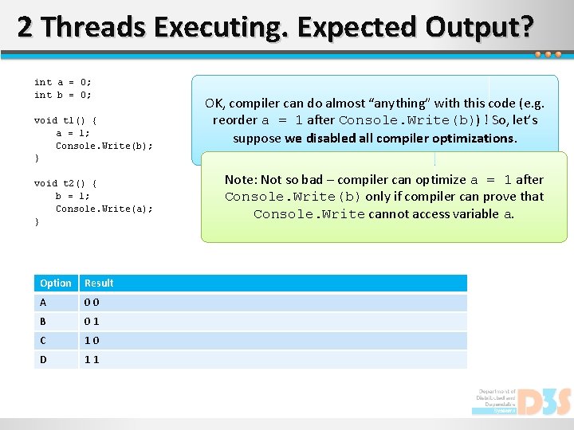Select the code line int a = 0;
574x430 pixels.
click(63, 82)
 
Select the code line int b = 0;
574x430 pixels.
click(63, 95)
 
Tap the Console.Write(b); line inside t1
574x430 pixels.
click(104, 146)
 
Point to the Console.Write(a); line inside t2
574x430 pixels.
click(104, 209)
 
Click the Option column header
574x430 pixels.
click(56, 283)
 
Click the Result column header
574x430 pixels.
click(100, 283)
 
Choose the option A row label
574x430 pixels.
click(43, 303)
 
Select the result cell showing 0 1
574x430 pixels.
click(92, 322)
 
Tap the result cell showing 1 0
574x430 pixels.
click(92, 341)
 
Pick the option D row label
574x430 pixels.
click(43, 360)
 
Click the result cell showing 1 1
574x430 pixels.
click(92, 360)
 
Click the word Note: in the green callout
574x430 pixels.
click(242, 180)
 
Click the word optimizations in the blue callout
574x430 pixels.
click(477, 138)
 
